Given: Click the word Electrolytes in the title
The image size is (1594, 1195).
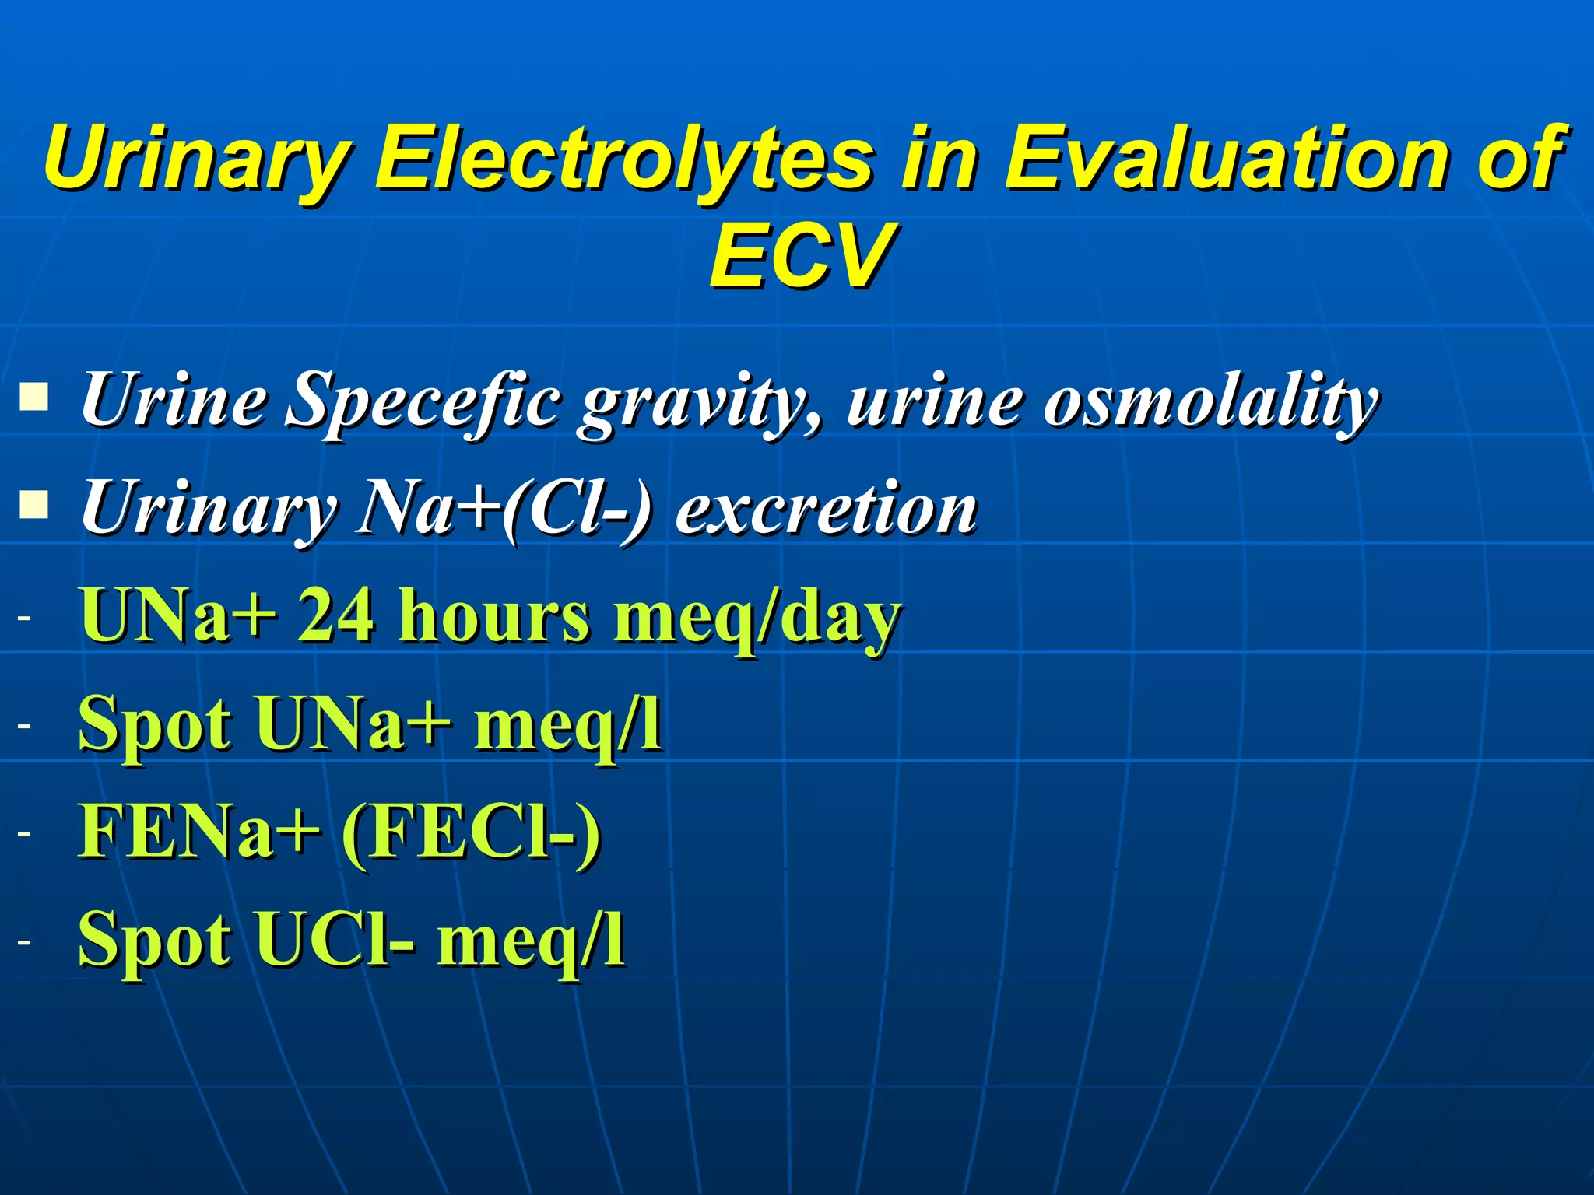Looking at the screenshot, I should (623, 159).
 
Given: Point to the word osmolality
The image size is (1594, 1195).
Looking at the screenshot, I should (1210, 401).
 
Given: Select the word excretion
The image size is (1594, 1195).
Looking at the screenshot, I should (826, 509).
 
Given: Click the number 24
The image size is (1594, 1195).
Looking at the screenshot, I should (336, 616).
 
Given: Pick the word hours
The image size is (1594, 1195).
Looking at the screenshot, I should (493, 616).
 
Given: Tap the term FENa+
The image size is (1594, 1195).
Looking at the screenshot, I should (199, 831).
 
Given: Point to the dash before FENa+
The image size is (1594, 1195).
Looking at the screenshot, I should (25, 833).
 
